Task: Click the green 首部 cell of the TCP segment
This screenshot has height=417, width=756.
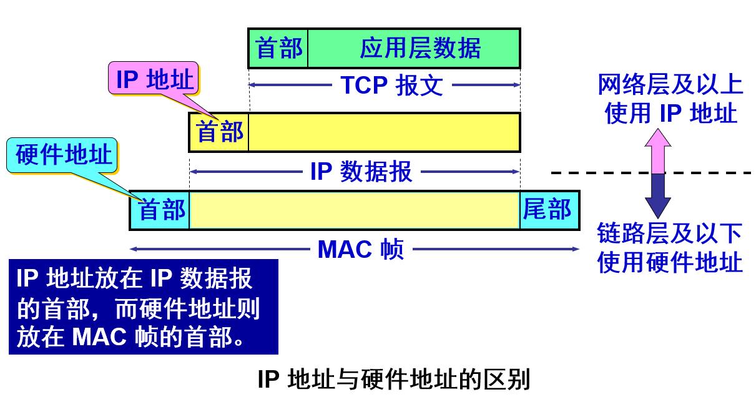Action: (x=278, y=48)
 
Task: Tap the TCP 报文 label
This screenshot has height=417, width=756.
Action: (x=391, y=86)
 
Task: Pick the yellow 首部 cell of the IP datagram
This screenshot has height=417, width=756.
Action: (x=219, y=132)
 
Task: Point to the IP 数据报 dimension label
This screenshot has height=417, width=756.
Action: (x=361, y=172)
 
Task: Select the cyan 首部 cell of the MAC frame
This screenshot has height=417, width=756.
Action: (x=160, y=210)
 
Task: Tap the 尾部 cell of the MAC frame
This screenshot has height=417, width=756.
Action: (x=547, y=210)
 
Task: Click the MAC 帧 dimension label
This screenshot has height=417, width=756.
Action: (x=361, y=250)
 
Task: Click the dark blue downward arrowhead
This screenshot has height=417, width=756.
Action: (x=657, y=206)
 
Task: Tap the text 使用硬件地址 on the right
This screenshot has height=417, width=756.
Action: (x=670, y=262)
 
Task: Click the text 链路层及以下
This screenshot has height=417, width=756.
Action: (x=670, y=234)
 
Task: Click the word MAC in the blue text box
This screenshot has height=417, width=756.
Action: (x=100, y=337)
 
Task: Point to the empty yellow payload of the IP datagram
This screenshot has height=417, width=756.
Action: (x=384, y=132)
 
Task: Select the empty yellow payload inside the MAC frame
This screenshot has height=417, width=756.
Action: (x=354, y=210)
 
